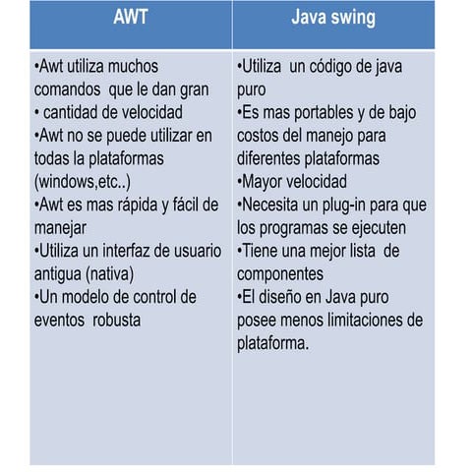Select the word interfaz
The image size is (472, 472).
point(114,250)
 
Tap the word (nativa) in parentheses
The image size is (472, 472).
point(104,273)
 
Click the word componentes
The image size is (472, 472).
point(285,273)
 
